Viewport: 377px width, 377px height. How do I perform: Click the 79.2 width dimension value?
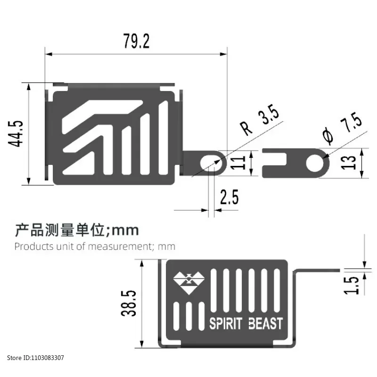tap(136, 41)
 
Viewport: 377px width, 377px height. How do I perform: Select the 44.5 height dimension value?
tap(16, 133)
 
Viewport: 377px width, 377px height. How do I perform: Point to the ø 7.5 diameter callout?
tap(343, 128)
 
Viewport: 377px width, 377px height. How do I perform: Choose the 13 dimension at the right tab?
tap(348, 163)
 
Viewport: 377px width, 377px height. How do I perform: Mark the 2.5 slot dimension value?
tap(229, 197)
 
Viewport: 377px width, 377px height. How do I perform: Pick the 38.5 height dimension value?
tap(128, 303)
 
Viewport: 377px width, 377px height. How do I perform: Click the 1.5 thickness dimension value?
tap(351, 286)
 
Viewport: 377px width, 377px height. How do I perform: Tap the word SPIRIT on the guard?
tap(226, 323)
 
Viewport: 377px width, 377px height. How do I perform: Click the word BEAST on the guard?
tap(265, 323)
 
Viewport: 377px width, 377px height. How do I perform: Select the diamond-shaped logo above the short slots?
tap(189, 283)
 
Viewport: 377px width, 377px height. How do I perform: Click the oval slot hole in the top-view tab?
tap(211, 163)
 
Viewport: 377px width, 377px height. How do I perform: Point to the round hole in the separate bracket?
tap(315, 163)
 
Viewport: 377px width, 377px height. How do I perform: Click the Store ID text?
tap(36, 358)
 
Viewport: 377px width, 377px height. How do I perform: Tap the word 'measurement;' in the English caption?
tap(121, 246)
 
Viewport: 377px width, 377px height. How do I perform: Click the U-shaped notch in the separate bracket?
tap(274, 159)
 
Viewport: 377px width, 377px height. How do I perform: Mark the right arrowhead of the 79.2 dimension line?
tap(223, 54)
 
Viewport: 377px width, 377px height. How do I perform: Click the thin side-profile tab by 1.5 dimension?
tap(318, 270)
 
